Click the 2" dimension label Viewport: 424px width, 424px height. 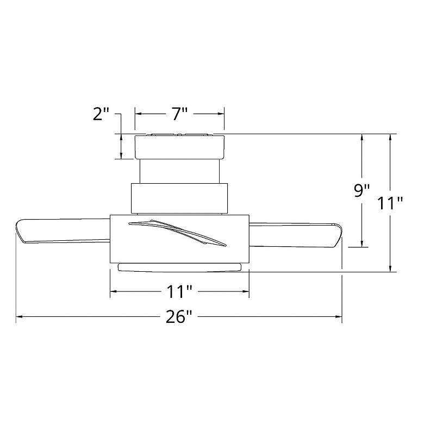point(101,114)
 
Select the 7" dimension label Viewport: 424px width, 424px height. point(180,114)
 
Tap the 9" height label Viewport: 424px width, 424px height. point(362,191)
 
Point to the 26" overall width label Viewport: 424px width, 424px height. point(179,317)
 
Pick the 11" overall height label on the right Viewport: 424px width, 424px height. point(390,203)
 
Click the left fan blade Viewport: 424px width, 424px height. point(63,230)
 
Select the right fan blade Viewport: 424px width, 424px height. point(295,235)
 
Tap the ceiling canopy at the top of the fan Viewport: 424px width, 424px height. point(179,146)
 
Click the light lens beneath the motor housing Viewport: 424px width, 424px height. point(179,267)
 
